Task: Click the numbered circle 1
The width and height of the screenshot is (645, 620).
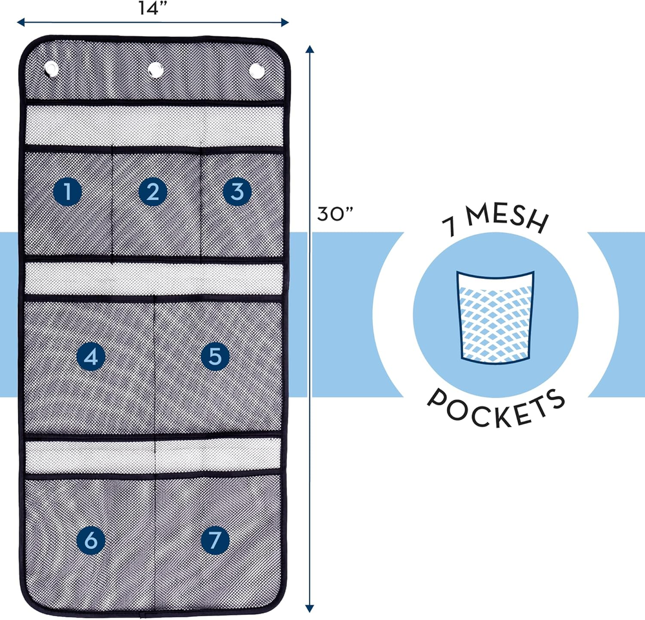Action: click(67, 191)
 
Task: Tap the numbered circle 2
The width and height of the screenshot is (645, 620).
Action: click(153, 191)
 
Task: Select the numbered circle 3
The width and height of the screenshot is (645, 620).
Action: click(237, 191)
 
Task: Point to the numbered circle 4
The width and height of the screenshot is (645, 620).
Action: click(91, 356)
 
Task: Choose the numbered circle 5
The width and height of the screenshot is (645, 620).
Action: click(215, 356)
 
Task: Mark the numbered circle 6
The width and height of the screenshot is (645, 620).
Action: click(91, 541)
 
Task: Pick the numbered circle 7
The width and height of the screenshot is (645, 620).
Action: click(215, 541)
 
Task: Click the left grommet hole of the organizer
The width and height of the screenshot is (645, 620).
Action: click(51, 69)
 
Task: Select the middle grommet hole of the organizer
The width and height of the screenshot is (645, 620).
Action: click(155, 69)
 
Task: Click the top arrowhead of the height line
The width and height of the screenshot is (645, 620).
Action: click(310, 49)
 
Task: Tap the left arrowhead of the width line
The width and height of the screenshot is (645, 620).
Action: click(20, 22)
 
